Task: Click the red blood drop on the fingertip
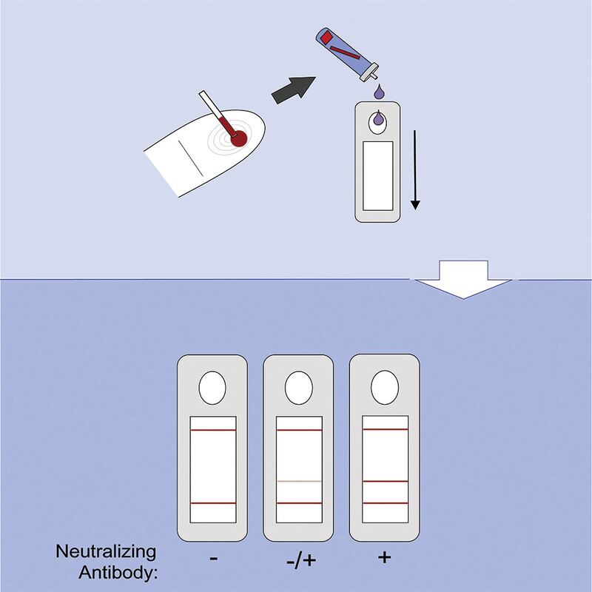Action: [x=238, y=138]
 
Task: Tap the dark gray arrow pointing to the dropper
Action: [x=293, y=90]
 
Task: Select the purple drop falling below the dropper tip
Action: [x=379, y=92]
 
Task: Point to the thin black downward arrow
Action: [x=415, y=170]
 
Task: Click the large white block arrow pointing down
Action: [x=464, y=280]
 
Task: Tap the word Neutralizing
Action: [x=106, y=552]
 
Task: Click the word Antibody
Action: [x=118, y=572]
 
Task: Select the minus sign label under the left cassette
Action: [x=214, y=558]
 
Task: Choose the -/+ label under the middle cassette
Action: [x=301, y=560]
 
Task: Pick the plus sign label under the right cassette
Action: [x=384, y=557]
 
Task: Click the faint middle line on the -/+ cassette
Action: [x=299, y=482]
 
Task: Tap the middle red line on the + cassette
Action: [x=385, y=482]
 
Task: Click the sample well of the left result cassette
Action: [x=212, y=388]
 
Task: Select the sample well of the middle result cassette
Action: [x=299, y=388]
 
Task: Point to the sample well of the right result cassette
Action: [x=385, y=387]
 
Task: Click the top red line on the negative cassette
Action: [x=213, y=430]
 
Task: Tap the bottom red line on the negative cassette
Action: [x=213, y=503]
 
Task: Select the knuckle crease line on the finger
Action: [x=191, y=158]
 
